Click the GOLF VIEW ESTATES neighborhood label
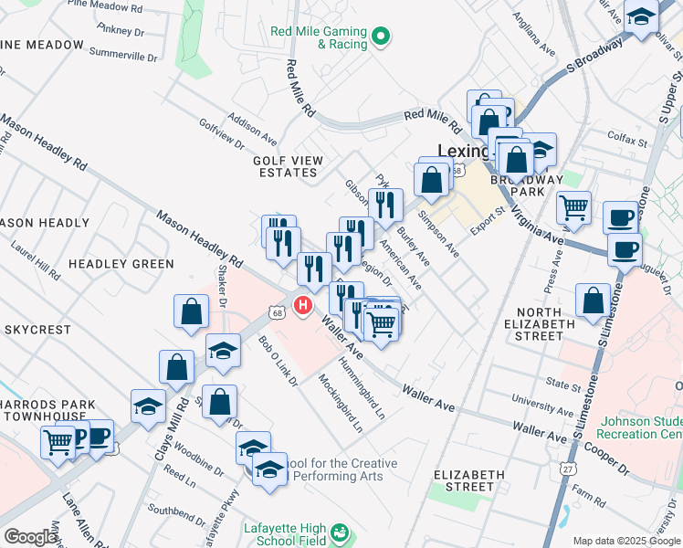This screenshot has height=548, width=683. coord(289,167)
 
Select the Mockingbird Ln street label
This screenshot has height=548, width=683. coord(340,403)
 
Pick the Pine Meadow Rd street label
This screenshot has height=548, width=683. coord(106,7)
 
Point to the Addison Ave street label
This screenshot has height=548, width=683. coord(253,130)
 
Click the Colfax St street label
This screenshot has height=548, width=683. coord(628,142)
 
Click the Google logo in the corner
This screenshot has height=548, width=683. coord(30,537)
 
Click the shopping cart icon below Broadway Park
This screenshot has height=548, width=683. coord(573,207)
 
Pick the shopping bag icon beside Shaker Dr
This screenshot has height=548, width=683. coord(192,311)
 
